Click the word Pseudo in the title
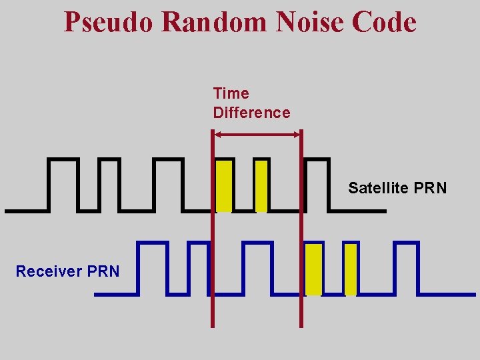pos(109,22)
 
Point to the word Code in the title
pos(384,22)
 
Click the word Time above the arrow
pos(231,93)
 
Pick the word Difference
pos(251,113)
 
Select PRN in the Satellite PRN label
pos(430,188)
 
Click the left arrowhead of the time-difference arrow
pos(217,135)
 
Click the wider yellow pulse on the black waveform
pos(224,185)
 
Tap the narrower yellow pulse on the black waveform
pos(261,185)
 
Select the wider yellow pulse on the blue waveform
pos(313,269)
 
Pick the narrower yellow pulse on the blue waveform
pos(351,269)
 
